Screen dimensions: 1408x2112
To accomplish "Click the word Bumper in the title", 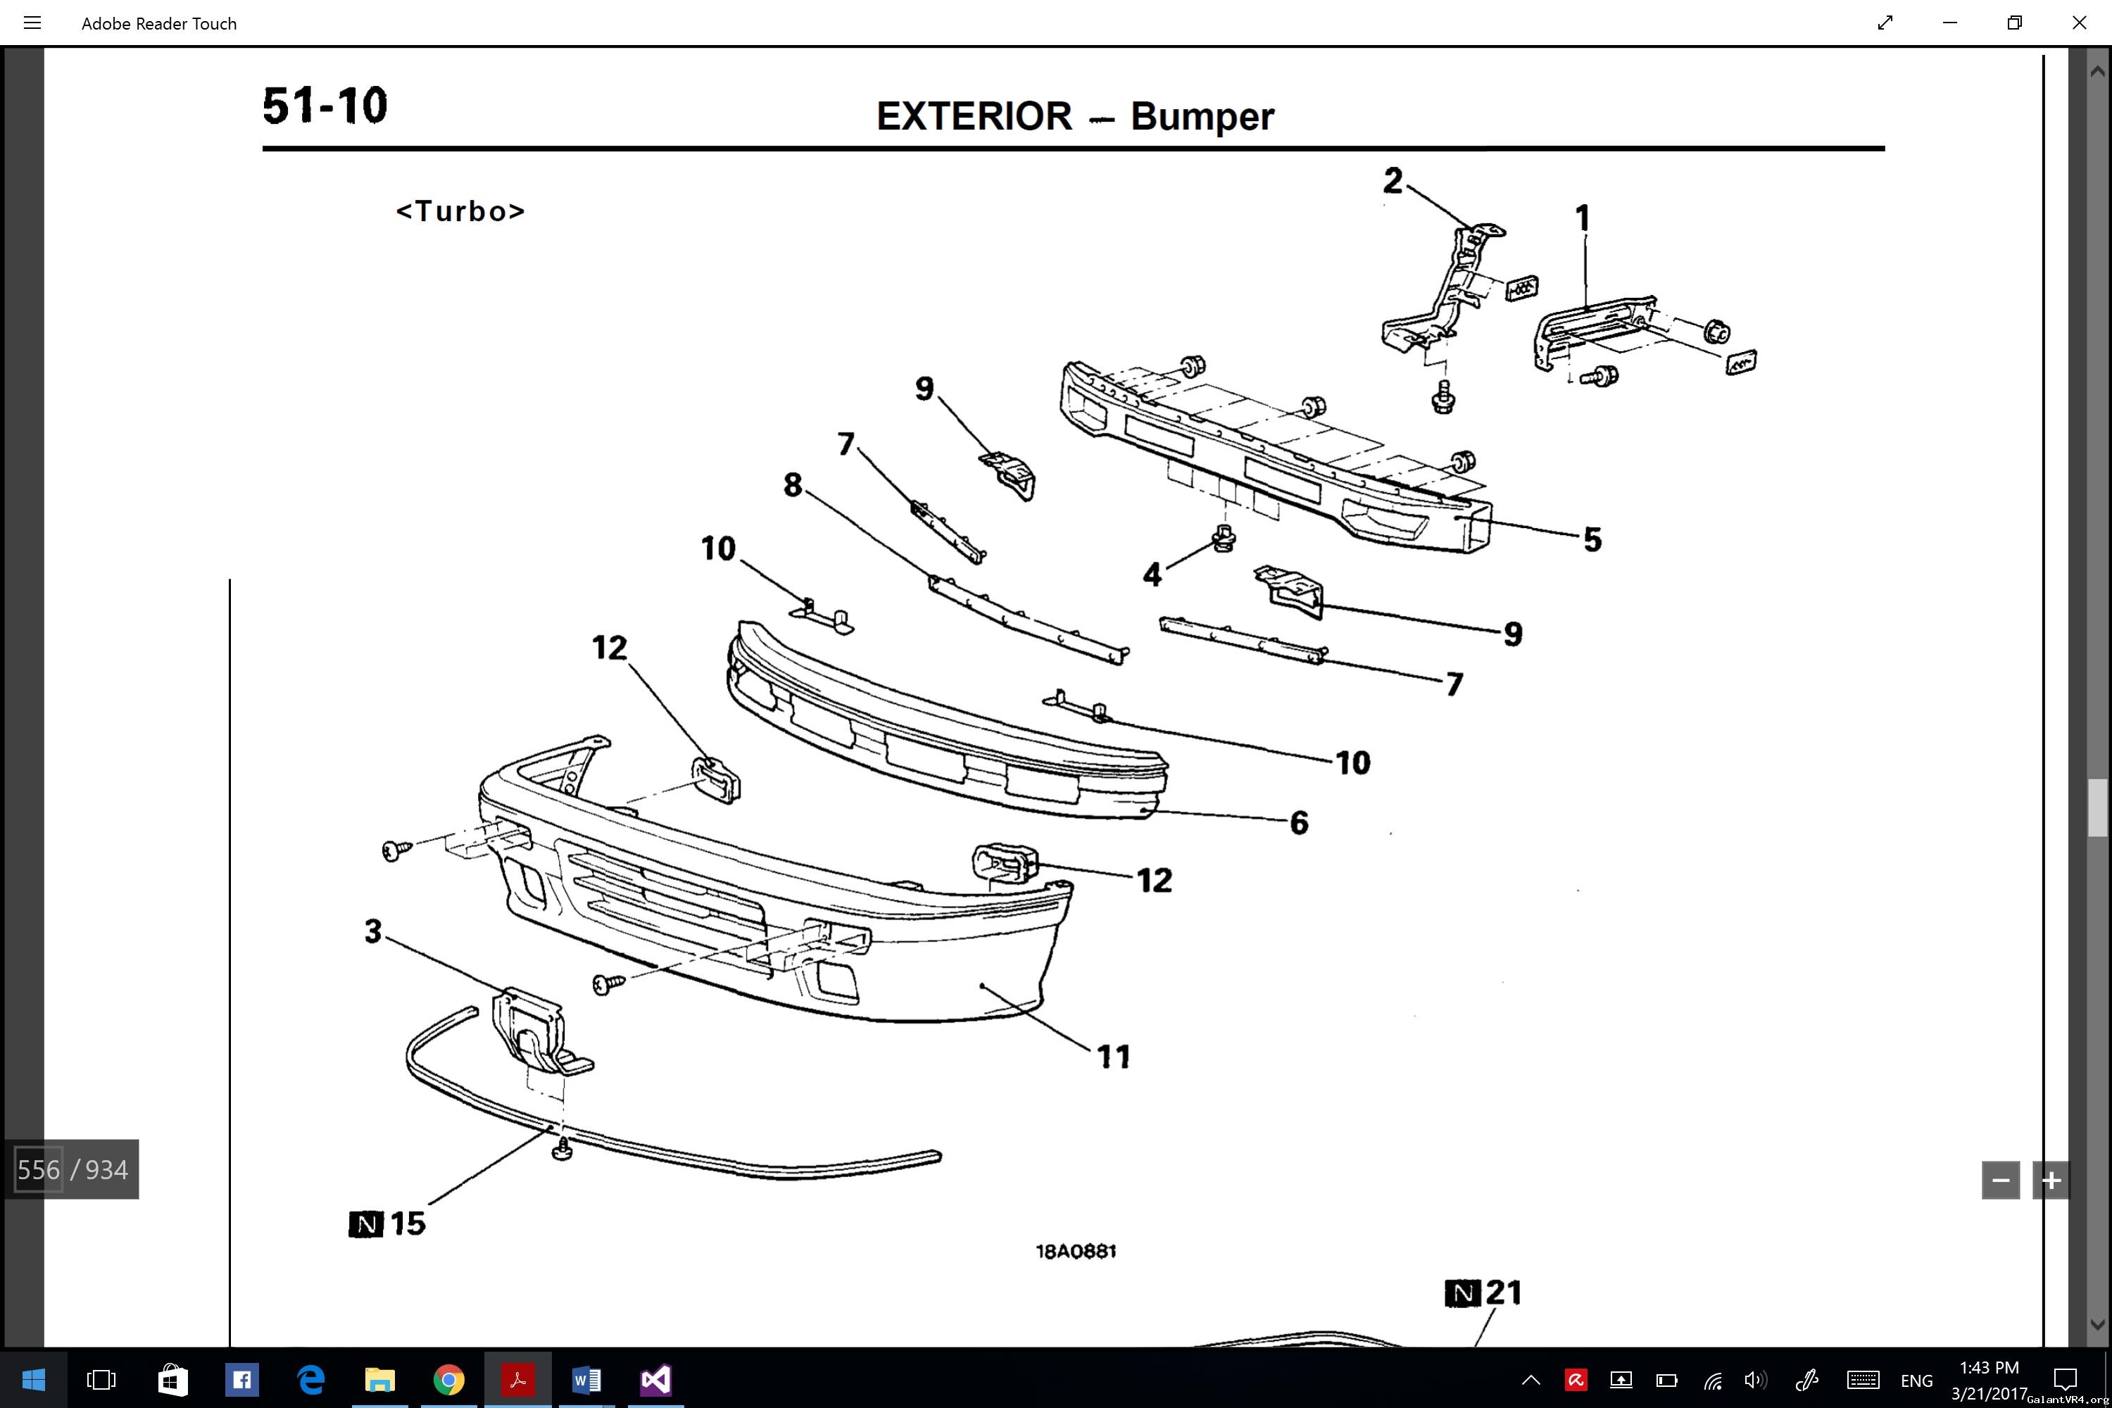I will pos(1202,117).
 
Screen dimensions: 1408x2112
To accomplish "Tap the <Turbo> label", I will pos(460,211).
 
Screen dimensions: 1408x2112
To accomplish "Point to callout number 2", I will pos(1393,180).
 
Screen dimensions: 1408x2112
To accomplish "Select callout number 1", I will pos(1582,218).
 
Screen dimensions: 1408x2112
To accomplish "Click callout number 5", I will pos(1592,540).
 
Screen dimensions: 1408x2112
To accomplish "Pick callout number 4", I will pos(1152,574).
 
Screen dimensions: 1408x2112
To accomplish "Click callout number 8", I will pos(792,485).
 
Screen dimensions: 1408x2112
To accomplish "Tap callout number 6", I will pos(1298,822).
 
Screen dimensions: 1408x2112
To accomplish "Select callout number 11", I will pos(1114,1057).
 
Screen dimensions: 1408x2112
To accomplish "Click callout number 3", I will pos(372,931).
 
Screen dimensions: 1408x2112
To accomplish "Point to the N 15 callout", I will pos(388,1223).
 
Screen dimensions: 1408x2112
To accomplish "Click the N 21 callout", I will pos(1483,1293).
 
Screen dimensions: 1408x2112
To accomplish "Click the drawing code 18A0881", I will pos(1076,1252).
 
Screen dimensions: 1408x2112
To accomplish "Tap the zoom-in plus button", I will pos(2051,1181).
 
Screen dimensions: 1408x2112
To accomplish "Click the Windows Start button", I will pos(33,1379).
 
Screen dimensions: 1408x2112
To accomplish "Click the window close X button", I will pos(2079,23).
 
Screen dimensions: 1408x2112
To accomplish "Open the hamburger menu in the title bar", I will pos(32,23).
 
